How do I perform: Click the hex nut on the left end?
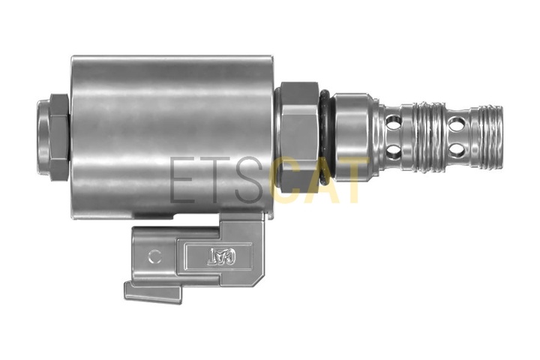[x=60, y=137]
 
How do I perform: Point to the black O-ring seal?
[x=325, y=136]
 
